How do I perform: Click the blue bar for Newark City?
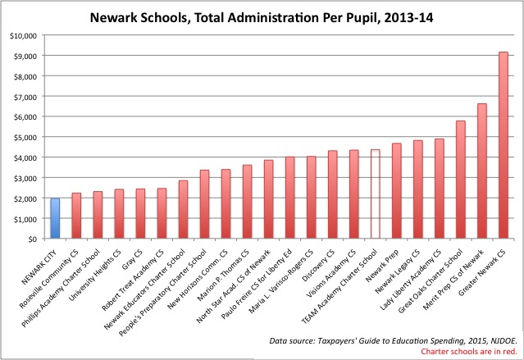pyautogui.click(x=55, y=218)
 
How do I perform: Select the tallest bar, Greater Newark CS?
pyautogui.click(x=503, y=145)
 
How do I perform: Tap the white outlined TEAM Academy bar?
pyautogui.click(x=376, y=194)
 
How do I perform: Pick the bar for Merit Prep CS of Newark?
pyautogui.click(x=482, y=171)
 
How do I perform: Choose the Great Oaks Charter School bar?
pyautogui.click(x=461, y=180)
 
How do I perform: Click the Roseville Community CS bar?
pyautogui.click(x=76, y=216)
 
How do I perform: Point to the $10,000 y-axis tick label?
pyautogui.click(x=23, y=35)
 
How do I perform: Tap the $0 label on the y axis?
pyautogui.click(x=32, y=239)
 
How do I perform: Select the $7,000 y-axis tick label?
pyautogui.click(x=25, y=97)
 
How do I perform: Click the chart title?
pyautogui.click(x=262, y=18)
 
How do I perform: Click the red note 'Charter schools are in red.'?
pyautogui.click(x=469, y=351)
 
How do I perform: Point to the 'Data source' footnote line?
pyautogui.click(x=394, y=341)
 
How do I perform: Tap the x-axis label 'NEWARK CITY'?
pyautogui.click(x=39, y=267)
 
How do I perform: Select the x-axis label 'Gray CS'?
pyautogui.click(x=133, y=259)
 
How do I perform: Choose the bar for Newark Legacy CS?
pyautogui.click(x=417, y=189)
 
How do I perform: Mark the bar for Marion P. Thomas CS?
pyautogui.click(x=248, y=202)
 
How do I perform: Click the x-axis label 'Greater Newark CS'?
pyautogui.click(x=482, y=273)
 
